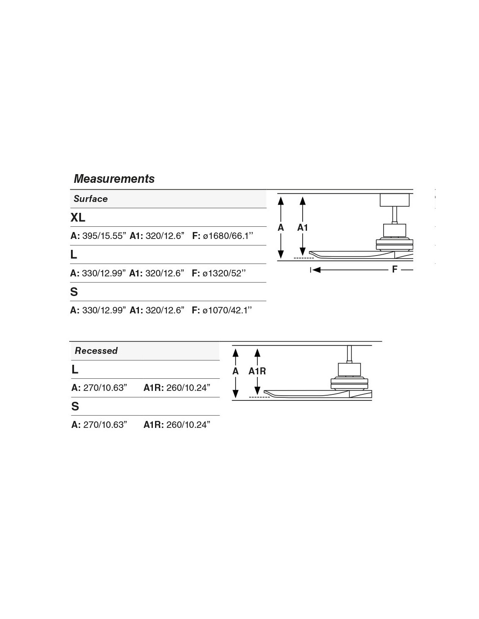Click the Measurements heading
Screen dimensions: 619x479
114,179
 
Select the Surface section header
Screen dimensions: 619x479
91,199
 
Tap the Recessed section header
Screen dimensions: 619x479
96,351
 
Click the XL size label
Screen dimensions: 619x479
78,218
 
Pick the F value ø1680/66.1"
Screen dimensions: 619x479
228,236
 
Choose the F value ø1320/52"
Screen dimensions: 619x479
224,273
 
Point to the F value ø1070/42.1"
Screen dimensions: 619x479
228,310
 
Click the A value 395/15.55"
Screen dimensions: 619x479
104,236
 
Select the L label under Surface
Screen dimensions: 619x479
74,255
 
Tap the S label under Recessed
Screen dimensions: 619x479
75,407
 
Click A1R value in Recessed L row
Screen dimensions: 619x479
188,388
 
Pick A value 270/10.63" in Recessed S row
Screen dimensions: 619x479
105,425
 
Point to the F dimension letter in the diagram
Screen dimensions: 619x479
395,269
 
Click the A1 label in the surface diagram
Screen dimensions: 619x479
303,227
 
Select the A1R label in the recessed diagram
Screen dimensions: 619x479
257,371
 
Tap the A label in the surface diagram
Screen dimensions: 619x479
281,227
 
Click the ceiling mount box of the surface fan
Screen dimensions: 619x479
395,200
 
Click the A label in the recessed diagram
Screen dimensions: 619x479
236,371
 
